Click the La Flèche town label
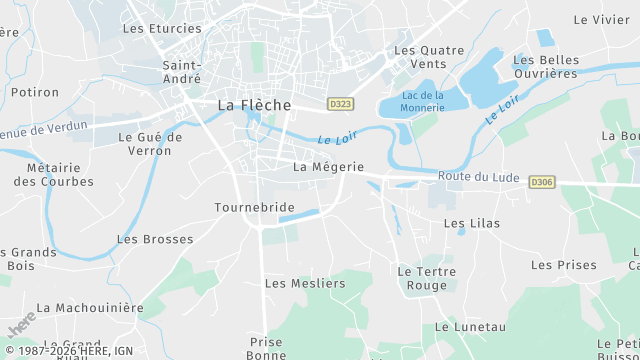click(x=255, y=104)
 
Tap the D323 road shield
click(x=340, y=103)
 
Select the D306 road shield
click(x=541, y=182)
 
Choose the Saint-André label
click(x=182, y=72)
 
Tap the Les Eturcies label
click(x=162, y=28)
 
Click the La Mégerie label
click(x=328, y=167)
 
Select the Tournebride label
click(x=254, y=207)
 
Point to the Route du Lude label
click(x=478, y=177)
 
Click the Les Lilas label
click(x=472, y=223)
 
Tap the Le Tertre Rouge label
click(x=427, y=278)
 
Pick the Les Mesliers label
click(x=305, y=283)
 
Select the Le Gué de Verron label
click(x=150, y=144)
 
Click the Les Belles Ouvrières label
click(x=546, y=67)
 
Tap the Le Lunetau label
click(x=470, y=327)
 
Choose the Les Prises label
click(x=563, y=265)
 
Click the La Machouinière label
click(x=90, y=308)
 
